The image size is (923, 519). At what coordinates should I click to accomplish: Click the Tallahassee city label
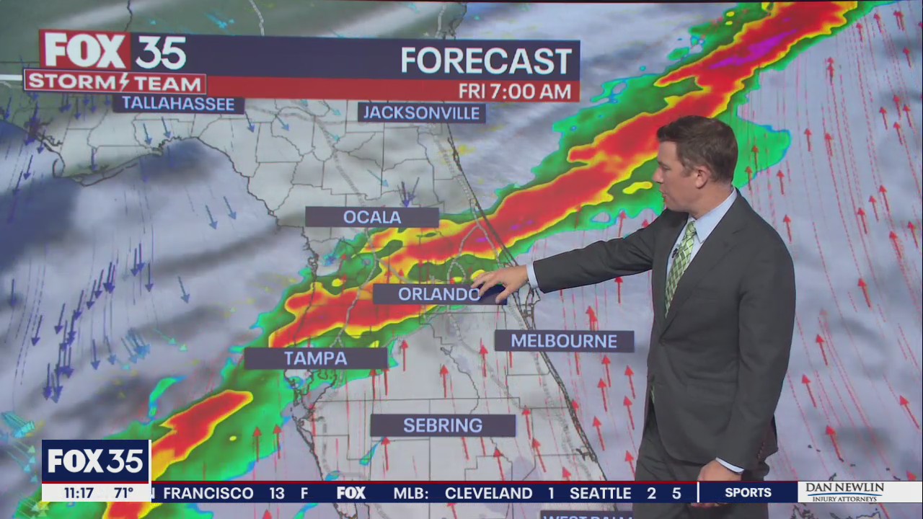click(x=178, y=104)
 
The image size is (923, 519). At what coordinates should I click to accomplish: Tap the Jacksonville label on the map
click(x=421, y=112)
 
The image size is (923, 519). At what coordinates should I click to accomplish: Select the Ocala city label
click(x=372, y=217)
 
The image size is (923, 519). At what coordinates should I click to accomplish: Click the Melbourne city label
click(x=564, y=341)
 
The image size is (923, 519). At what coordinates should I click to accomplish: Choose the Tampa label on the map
click(x=315, y=358)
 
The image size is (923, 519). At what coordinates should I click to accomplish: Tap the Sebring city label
click(x=443, y=425)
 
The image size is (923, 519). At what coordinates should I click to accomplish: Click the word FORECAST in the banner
click(x=486, y=61)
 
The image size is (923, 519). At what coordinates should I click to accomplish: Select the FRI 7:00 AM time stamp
click(x=516, y=92)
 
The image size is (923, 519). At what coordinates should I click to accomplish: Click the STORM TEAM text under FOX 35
click(x=115, y=81)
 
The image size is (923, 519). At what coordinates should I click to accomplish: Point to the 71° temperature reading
click(x=123, y=493)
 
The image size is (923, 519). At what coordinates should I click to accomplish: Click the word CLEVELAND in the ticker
click(x=488, y=494)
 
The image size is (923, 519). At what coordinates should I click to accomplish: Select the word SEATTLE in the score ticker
click(x=600, y=494)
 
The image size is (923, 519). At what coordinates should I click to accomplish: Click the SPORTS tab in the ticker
click(x=748, y=493)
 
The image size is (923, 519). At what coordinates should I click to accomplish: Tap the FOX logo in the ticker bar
click(x=351, y=494)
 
